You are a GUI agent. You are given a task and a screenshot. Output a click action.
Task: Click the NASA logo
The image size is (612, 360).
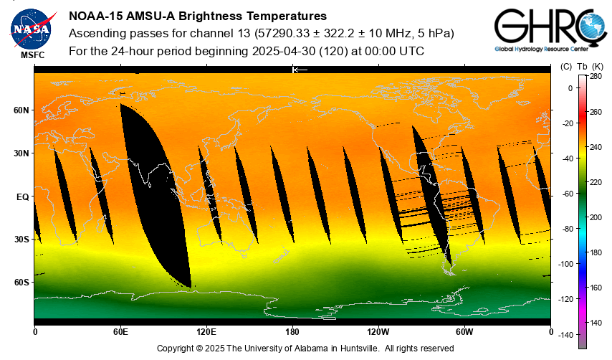[32, 27]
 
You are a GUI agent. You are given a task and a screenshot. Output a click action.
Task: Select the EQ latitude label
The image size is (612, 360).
[22, 196]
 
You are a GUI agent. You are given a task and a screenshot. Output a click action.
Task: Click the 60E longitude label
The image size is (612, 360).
[120, 332]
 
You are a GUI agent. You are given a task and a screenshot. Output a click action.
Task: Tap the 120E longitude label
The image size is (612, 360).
[206, 332]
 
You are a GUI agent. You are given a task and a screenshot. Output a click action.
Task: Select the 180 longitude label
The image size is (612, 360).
[292, 332]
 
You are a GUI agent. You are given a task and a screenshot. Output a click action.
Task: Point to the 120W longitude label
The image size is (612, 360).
[378, 332]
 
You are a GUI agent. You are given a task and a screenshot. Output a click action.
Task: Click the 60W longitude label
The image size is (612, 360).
[464, 332]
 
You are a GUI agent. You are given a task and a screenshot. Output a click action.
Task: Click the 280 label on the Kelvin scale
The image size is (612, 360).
[596, 76]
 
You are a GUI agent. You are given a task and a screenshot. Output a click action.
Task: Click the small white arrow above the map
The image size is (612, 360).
[300, 70]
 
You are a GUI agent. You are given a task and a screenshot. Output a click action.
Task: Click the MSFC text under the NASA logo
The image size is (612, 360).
[32, 55]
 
